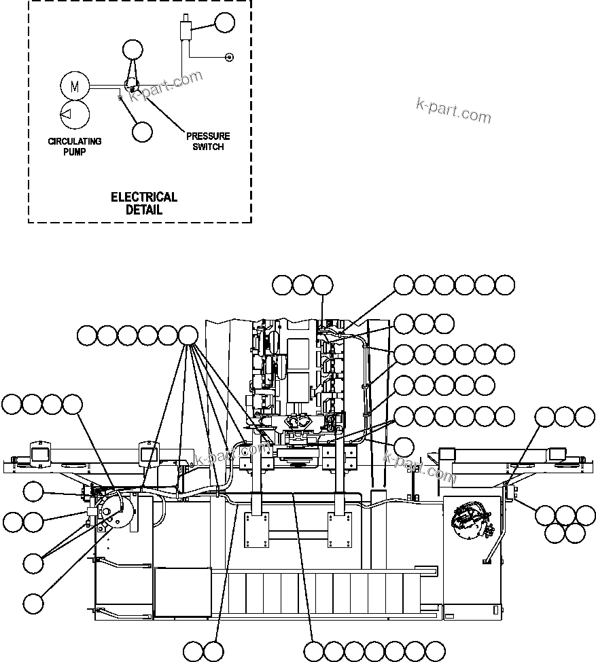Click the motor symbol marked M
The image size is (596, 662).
pyautogui.click(x=75, y=86)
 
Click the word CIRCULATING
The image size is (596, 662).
pyautogui.click(x=75, y=141)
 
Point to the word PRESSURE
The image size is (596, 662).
pyautogui.click(x=208, y=136)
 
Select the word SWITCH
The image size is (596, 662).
pyautogui.click(x=208, y=147)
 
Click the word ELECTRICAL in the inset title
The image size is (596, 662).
pyautogui.click(x=144, y=198)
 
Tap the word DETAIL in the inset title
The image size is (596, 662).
pyautogui.click(x=144, y=210)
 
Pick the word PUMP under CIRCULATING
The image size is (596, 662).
pyautogui.click(x=75, y=151)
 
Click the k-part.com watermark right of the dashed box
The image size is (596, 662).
pyautogui.click(x=453, y=111)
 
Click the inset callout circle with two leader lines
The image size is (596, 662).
pyautogui.click(x=133, y=49)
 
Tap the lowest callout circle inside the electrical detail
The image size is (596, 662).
pyautogui.click(x=143, y=131)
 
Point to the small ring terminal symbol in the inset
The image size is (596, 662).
pyautogui.click(x=229, y=57)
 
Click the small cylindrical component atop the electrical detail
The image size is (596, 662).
pyautogui.click(x=183, y=31)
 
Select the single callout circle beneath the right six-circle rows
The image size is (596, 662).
pyautogui.click(x=404, y=446)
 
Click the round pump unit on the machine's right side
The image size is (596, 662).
pyautogui.click(x=470, y=517)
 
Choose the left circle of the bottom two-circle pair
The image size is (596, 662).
pyautogui.click(x=193, y=650)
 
